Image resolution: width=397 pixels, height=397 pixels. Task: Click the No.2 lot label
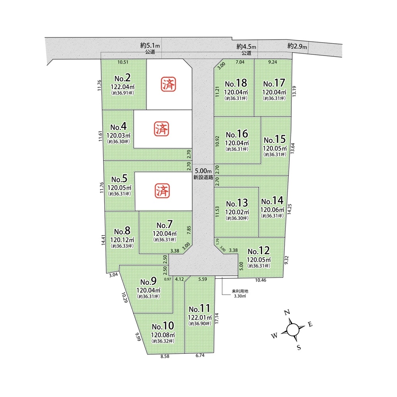point(123,78)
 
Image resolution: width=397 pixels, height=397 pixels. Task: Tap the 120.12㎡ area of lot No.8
point(122,240)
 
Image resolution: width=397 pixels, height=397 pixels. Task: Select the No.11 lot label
point(199,308)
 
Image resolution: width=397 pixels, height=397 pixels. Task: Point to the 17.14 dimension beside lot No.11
point(216,318)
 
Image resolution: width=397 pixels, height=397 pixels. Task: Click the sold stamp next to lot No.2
point(169,84)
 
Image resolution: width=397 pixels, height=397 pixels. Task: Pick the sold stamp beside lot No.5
point(162,191)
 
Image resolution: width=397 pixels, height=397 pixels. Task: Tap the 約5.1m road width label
point(150,46)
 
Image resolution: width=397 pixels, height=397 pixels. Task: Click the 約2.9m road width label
point(297,46)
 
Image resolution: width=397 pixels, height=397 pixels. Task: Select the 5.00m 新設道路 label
point(203,174)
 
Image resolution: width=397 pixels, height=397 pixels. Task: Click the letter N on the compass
point(287,312)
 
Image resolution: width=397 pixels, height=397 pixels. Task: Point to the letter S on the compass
point(299,347)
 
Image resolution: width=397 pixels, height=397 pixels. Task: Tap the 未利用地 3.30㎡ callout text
point(240,293)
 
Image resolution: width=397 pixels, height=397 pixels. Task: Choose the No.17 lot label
point(274,83)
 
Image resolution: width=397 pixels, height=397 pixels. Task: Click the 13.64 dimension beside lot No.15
point(293,148)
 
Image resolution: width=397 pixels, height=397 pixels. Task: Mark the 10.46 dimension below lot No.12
point(260,280)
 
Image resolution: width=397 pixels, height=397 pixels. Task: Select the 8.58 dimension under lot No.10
point(165,356)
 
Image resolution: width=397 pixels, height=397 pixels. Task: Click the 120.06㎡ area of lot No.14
point(272,210)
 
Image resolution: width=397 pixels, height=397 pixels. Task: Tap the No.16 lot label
point(237,134)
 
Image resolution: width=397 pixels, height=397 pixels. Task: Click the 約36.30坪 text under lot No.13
point(237,218)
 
